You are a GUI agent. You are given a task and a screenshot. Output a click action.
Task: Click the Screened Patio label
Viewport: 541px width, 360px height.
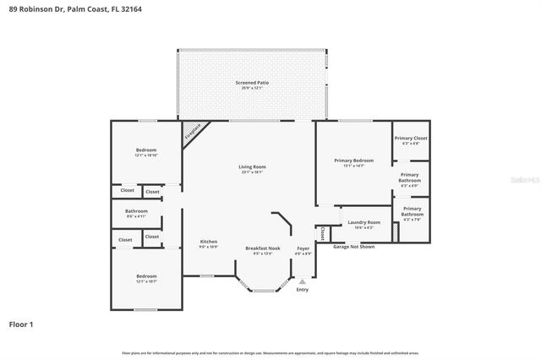252,82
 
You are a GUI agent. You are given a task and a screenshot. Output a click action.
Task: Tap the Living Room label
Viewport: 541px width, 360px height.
252,166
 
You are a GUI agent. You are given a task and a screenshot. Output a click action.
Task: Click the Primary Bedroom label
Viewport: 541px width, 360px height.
353,161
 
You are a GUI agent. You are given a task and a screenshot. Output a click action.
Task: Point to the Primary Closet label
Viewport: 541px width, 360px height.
410,138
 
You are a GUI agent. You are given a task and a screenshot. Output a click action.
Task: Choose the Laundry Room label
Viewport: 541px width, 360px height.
363,222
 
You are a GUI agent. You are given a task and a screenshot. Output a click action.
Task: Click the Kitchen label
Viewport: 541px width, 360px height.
209,242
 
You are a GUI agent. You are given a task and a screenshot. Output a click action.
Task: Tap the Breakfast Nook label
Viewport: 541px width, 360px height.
262,248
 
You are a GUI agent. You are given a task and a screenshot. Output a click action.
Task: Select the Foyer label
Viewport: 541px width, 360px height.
303,248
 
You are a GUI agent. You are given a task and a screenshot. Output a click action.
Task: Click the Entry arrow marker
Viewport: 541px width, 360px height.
303,281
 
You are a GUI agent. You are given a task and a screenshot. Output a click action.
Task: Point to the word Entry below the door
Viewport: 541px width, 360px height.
303,290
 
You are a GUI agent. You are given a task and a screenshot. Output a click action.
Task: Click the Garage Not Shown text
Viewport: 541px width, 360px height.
353,247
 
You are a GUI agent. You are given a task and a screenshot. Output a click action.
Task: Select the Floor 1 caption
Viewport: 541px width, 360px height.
21,324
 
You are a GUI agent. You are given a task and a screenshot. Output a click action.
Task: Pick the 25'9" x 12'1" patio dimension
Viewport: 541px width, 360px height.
252,87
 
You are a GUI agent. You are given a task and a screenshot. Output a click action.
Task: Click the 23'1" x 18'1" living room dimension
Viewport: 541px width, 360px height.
252,172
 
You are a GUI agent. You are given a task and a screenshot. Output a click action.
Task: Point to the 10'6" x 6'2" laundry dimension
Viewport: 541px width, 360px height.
363,226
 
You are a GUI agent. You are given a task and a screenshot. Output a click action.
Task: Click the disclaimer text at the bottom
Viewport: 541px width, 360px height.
270,352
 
